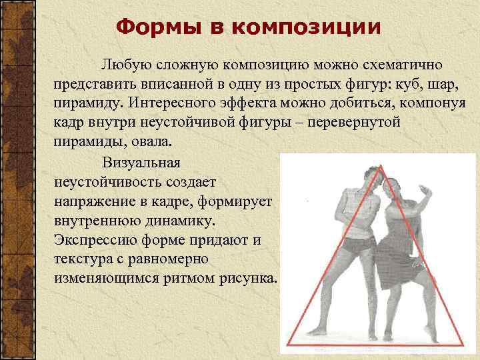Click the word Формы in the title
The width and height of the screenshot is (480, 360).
point(146,27)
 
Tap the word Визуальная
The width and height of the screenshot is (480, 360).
point(145,162)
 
